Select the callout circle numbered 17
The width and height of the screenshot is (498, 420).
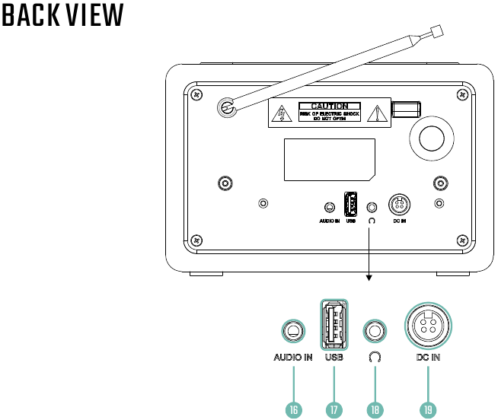(334, 409)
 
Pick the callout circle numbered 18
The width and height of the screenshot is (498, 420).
(374, 409)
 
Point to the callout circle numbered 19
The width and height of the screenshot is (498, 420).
(428, 409)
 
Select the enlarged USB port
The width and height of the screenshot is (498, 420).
(334, 324)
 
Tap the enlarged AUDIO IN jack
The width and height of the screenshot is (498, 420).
(293, 332)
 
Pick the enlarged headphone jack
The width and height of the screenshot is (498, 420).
(374, 332)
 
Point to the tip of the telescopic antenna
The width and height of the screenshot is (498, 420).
(436, 33)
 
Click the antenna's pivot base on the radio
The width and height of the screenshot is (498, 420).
(226, 108)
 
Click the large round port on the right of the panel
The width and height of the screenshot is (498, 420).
(429, 138)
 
